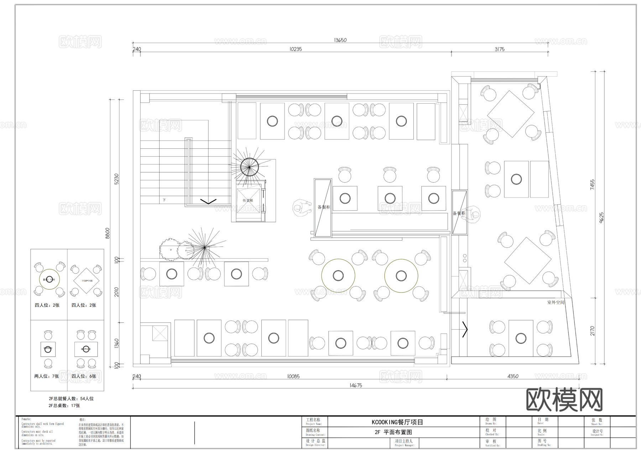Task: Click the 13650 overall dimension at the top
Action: pos(340,40)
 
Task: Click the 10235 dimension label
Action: pos(296,49)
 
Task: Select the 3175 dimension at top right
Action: pos(499,49)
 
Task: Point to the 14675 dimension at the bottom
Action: pos(356,385)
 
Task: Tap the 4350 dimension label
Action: pos(513,376)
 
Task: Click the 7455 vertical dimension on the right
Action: pos(592,184)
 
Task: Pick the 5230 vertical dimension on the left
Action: pos(116,179)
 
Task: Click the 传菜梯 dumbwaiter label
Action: pos(247,201)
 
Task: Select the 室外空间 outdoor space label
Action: pos(556,302)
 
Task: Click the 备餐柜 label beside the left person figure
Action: pos(324,207)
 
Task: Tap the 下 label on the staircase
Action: pos(165,200)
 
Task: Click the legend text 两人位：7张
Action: pos(47,376)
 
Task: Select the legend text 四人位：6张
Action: pos(84,376)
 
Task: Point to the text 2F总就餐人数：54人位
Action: pos(71,399)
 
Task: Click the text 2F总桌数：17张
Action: pos(64,406)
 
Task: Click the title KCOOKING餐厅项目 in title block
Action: pos(397,422)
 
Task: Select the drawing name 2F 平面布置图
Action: pos(393,432)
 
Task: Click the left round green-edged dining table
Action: pos(338,275)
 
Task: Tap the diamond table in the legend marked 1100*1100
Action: pos(87,281)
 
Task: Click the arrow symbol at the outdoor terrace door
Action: pos(465,329)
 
